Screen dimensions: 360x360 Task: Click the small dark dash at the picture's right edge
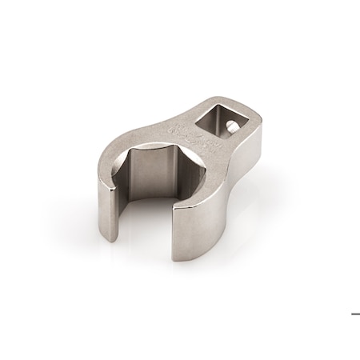355,314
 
